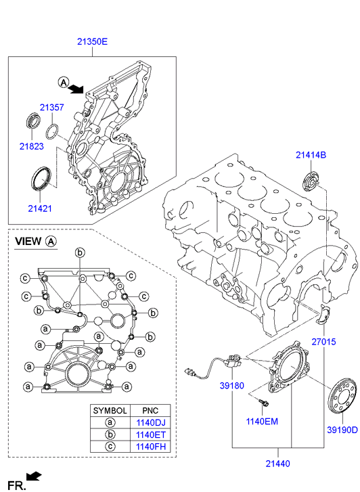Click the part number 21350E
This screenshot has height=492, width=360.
coord(91,42)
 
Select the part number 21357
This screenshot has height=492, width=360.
coord(51,108)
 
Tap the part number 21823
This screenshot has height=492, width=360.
coord(31,146)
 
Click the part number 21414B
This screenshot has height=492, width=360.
coord(311,155)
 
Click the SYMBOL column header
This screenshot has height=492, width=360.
coord(110,410)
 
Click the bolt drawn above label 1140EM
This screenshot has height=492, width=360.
coord(264,403)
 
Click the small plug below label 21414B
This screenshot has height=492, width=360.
coord(311,181)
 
